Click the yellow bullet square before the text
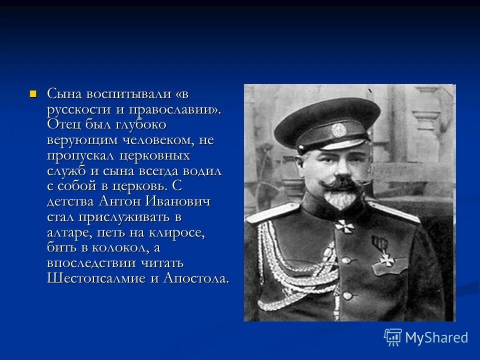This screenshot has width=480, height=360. click(x=33, y=93)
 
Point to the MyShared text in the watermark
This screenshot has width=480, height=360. click(x=436, y=337)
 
